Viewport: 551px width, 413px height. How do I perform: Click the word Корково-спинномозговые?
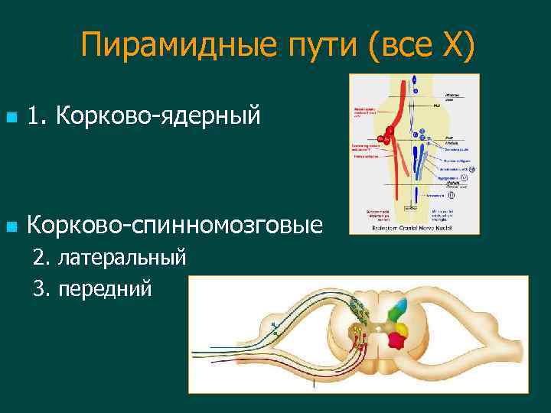[174, 225]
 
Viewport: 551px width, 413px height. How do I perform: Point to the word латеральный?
[122, 256]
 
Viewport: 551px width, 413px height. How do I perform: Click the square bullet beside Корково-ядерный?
[9, 118]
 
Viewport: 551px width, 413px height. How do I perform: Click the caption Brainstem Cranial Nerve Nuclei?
[412, 227]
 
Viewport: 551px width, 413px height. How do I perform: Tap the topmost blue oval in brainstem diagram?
[414, 80]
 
